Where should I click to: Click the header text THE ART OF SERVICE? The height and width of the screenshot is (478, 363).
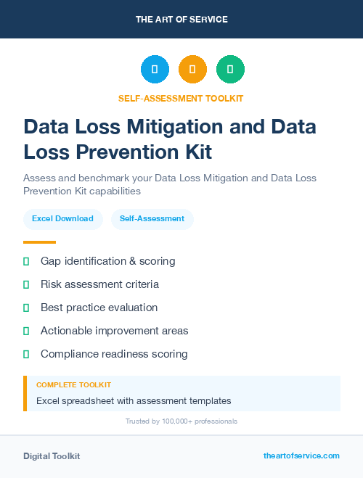(181, 20)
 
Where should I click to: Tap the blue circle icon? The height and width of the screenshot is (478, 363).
(155, 70)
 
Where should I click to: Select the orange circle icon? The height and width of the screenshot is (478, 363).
(192, 70)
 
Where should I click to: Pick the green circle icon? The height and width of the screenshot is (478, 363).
(231, 70)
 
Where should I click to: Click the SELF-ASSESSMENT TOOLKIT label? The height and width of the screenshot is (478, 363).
(181, 98)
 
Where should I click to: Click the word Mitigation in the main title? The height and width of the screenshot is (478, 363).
(184, 126)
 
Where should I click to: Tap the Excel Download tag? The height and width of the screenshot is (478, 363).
(62, 218)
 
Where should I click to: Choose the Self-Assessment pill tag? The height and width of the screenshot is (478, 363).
(152, 218)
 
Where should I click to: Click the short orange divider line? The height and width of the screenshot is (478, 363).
(39, 242)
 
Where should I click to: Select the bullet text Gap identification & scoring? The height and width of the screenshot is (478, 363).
(107, 261)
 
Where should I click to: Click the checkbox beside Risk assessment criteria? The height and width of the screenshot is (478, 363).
(26, 284)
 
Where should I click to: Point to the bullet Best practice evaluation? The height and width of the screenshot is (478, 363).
(99, 308)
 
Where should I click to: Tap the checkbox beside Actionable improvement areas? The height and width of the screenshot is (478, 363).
(26, 331)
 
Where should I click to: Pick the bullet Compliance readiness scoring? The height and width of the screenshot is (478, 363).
(114, 354)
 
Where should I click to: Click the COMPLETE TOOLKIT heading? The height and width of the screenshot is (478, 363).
(73, 384)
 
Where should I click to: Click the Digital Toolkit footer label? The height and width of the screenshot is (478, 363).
(52, 456)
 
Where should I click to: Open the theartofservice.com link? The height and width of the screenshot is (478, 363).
(301, 456)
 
